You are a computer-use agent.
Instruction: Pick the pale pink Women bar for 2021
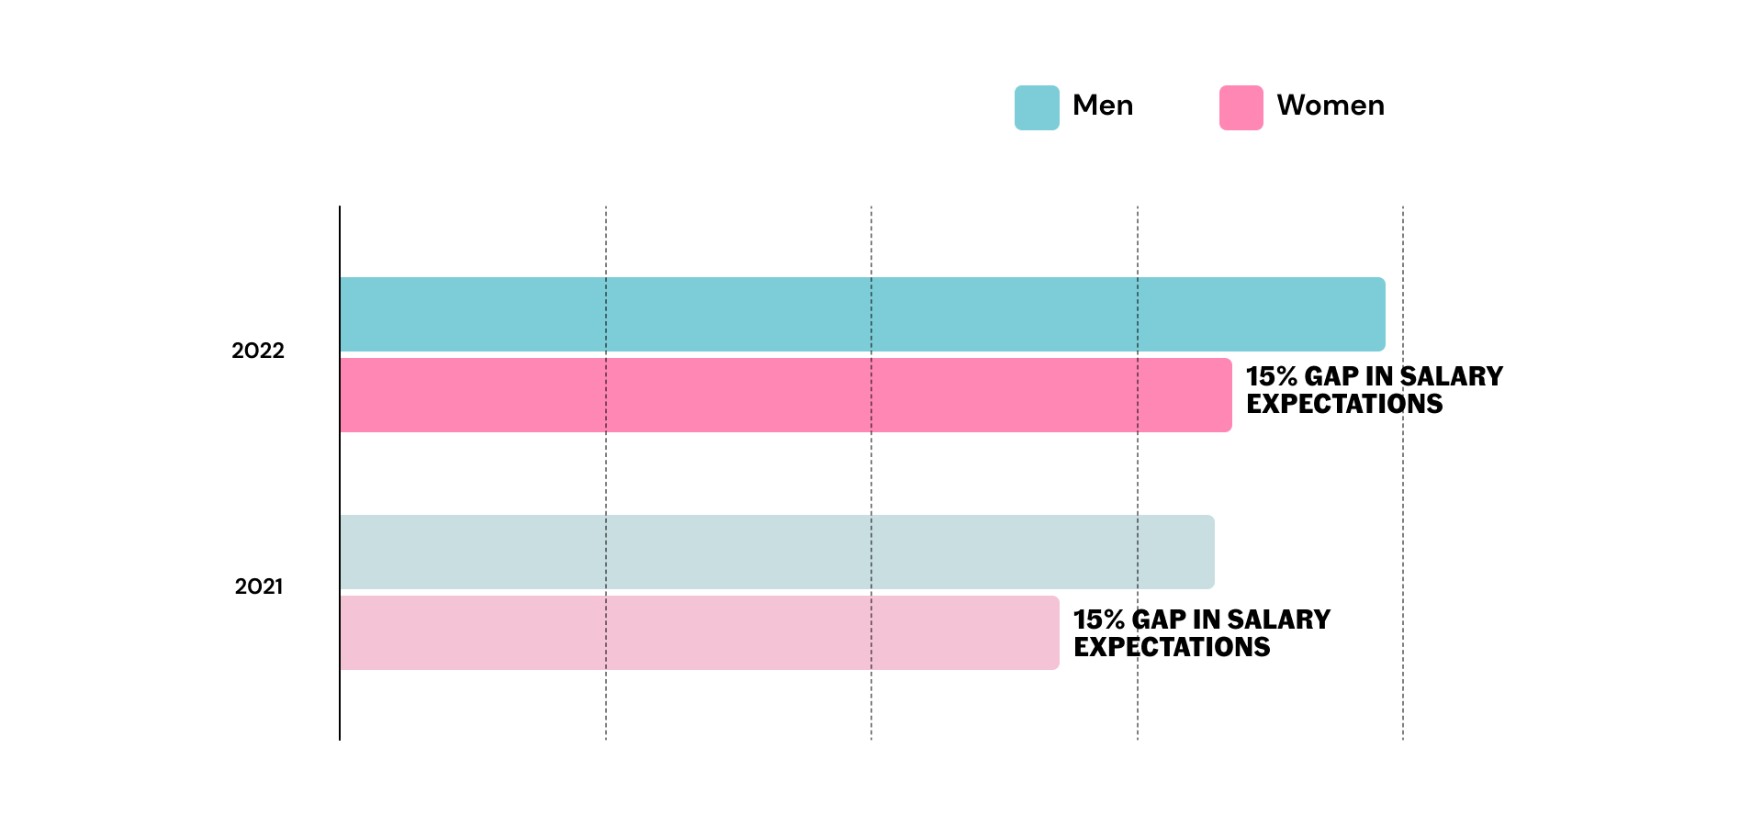(698, 632)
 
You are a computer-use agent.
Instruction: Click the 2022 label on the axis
(258, 351)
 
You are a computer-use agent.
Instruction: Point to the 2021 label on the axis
(259, 586)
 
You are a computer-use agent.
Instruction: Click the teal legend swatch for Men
(1037, 107)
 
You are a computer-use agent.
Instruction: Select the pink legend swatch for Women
(1241, 107)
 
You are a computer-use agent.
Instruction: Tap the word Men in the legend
(1103, 106)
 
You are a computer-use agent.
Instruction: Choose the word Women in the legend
(1331, 106)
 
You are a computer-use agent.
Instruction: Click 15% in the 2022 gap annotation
(1271, 376)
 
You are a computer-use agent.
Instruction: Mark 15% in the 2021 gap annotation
(1098, 619)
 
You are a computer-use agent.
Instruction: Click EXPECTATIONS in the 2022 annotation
(1344, 404)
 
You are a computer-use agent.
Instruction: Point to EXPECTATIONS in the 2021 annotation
(1172, 647)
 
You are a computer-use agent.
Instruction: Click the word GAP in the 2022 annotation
(1331, 376)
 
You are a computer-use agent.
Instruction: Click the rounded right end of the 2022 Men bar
(1379, 314)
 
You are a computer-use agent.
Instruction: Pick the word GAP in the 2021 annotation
(1159, 619)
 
